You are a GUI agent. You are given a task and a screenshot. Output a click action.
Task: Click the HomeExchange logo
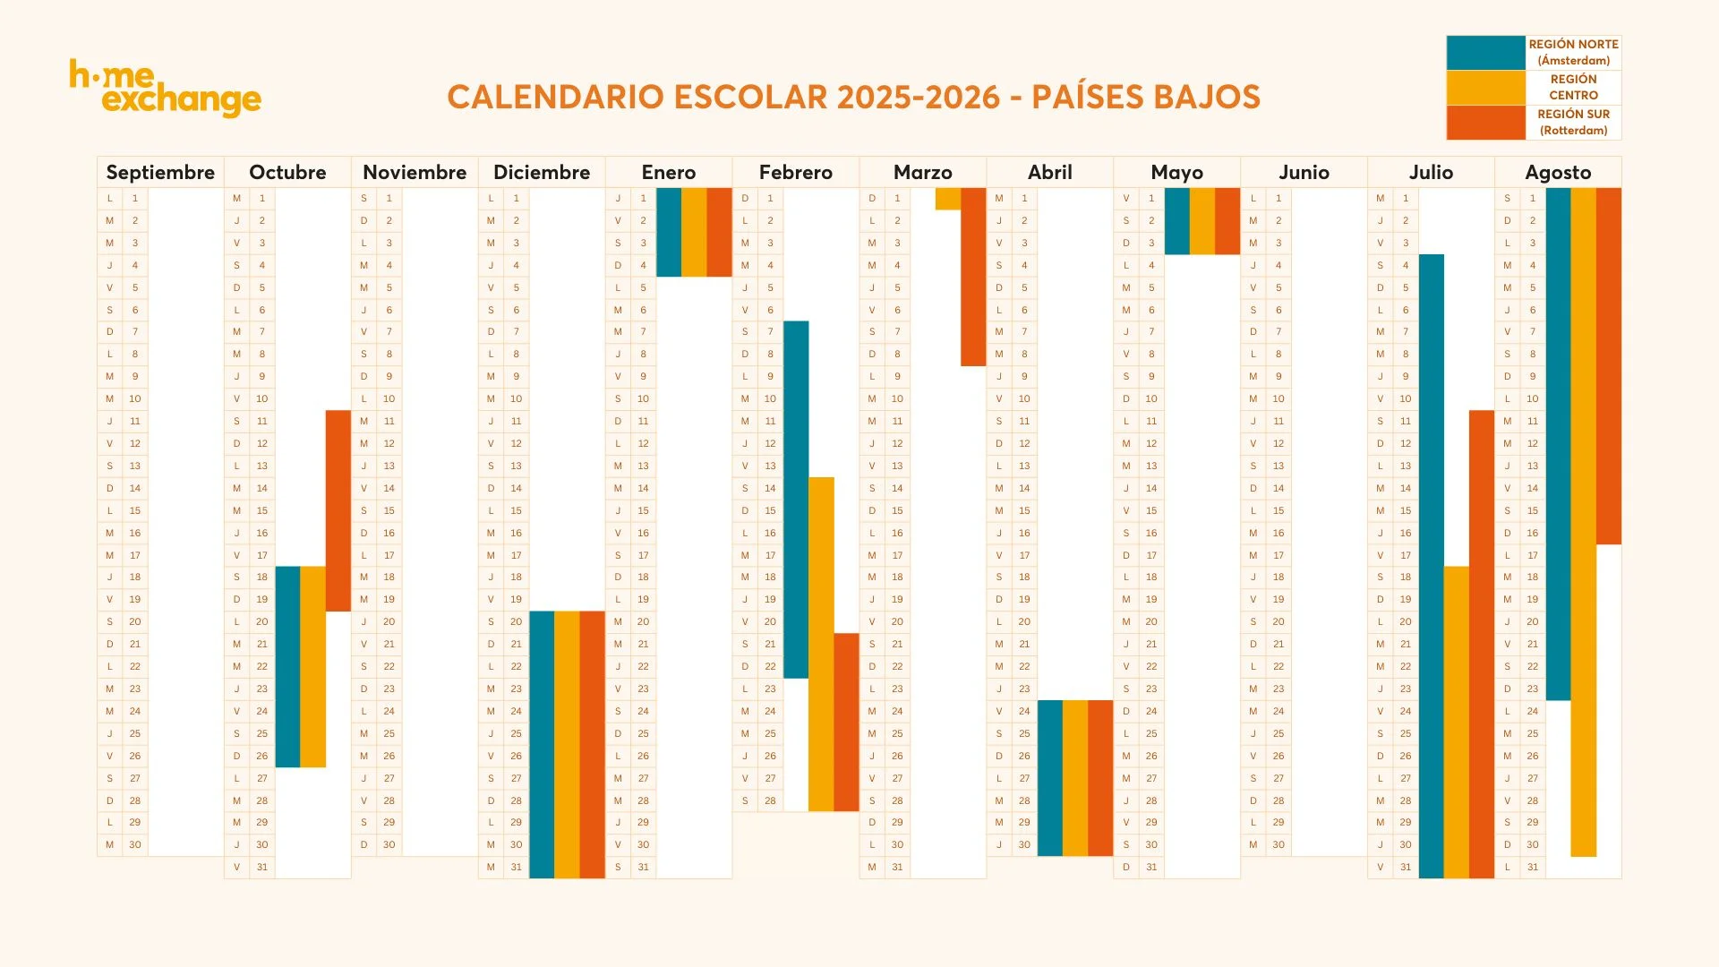166,88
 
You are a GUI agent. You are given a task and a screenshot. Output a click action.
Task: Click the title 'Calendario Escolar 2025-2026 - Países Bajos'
853,97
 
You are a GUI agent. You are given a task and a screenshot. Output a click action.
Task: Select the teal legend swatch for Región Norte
1485,53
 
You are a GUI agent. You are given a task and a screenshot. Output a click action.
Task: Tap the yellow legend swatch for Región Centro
1485,88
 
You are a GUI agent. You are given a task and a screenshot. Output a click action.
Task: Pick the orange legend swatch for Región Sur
1485,123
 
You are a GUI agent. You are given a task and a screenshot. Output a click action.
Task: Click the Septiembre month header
160,172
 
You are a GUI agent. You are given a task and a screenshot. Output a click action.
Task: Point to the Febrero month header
795,172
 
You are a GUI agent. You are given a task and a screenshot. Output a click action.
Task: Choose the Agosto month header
1558,172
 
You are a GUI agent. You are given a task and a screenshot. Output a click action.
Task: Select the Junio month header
1304,172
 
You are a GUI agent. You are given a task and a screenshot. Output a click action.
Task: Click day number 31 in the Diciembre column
516,867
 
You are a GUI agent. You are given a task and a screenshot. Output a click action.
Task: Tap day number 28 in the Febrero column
770,800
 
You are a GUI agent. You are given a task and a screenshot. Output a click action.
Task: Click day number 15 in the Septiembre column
135,510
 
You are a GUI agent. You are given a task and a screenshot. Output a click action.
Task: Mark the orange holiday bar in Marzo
973,277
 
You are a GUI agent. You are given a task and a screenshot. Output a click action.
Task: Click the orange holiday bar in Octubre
338,510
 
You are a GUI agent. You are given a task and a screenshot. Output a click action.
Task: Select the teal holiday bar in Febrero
796,499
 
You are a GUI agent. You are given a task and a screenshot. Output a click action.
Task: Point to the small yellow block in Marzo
947,199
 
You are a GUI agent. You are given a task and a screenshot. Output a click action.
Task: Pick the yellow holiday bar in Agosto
1583,522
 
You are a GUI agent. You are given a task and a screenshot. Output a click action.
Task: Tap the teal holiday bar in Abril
1049,778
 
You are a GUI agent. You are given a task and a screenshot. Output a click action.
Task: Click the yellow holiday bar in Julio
1456,722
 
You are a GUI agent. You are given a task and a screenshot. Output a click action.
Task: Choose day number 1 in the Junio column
1279,199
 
